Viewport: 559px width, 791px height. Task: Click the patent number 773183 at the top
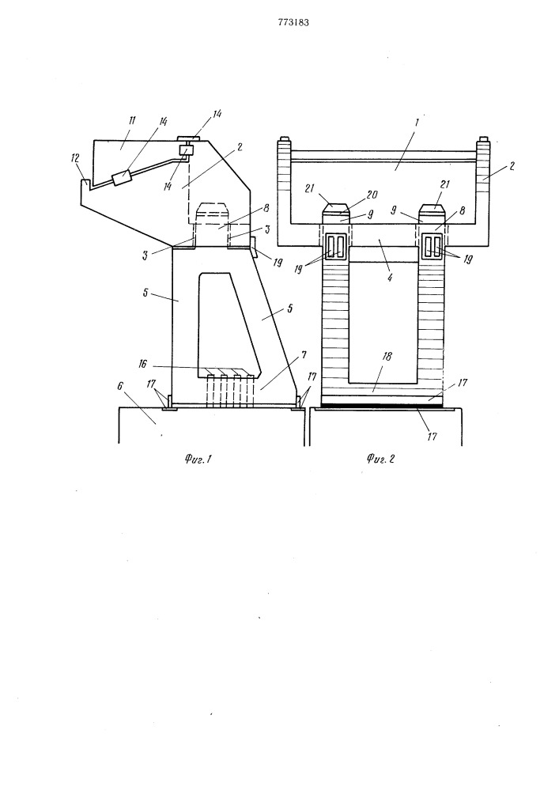tap(293, 22)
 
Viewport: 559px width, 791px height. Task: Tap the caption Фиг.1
tap(197, 459)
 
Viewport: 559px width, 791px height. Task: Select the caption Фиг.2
tap(380, 459)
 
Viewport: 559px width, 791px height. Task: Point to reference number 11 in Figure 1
tap(132, 120)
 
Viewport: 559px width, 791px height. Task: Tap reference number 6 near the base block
tap(121, 385)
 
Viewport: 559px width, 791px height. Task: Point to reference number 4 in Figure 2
tap(390, 277)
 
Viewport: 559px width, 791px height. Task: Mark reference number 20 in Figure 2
tap(372, 195)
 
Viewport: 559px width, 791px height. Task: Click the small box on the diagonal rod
tap(122, 177)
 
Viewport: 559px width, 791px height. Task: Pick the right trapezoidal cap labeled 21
tap(433, 206)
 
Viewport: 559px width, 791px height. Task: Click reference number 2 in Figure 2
tap(512, 166)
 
